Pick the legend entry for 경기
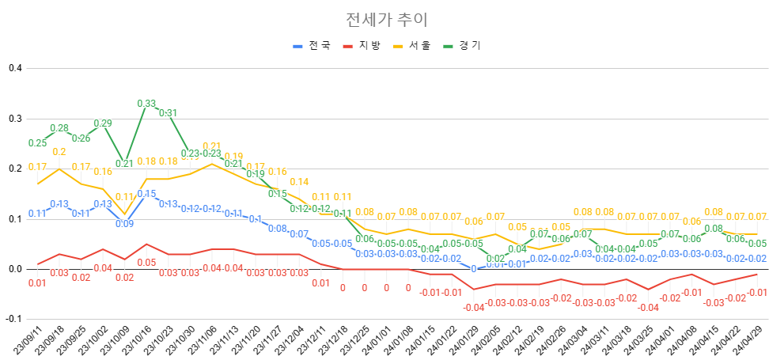point(470,46)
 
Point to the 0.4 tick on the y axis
point(14,68)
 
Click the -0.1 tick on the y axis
point(13,319)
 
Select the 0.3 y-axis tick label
point(14,119)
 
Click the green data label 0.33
point(146,104)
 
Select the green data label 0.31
point(168,113)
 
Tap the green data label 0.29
point(103,123)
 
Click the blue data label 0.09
point(124,224)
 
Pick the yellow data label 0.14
point(299,183)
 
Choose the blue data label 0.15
point(146,194)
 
